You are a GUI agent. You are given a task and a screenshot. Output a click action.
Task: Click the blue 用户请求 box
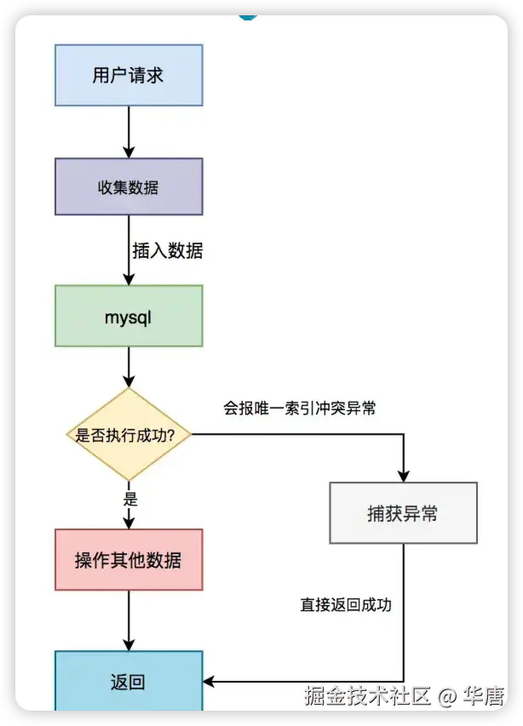pyautogui.click(x=129, y=75)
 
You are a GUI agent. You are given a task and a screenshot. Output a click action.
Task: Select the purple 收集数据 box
pyautogui.click(x=129, y=186)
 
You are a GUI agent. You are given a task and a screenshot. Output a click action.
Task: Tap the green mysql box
pyautogui.click(x=129, y=316)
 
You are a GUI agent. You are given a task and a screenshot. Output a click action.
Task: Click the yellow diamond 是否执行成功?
pyautogui.click(x=129, y=434)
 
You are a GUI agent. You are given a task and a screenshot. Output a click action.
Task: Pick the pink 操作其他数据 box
pyautogui.click(x=129, y=560)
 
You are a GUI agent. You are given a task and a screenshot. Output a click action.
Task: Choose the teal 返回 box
pyautogui.click(x=129, y=681)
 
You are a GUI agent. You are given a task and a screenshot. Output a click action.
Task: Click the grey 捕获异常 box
pyautogui.click(x=403, y=513)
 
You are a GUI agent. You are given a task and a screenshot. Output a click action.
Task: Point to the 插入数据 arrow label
pyautogui.click(x=168, y=251)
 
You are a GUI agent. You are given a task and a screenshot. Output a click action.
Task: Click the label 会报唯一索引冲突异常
pyautogui.click(x=300, y=409)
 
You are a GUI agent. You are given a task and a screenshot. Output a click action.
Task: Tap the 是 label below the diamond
pyautogui.click(x=130, y=500)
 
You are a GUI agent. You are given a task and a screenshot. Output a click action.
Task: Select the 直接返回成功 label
pyautogui.click(x=346, y=605)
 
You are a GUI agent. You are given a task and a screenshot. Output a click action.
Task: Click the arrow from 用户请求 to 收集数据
pyautogui.click(x=129, y=132)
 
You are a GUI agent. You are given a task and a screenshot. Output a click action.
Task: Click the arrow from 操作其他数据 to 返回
pyautogui.click(x=129, y=620)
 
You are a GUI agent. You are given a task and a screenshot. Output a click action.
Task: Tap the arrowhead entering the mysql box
pyautogui.click(x=129, y=278)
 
